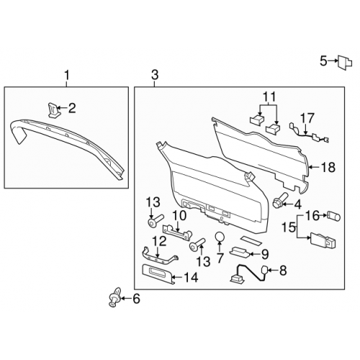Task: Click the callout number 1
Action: coord(67,76)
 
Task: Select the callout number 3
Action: coord(155,75)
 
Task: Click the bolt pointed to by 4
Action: coord(279,200)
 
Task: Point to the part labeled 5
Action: coord(345,63)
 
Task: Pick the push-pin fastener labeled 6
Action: coord(114,297)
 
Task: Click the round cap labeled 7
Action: coord(220,238)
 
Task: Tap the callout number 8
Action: coord(283,271)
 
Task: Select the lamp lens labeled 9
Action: coord(239,252)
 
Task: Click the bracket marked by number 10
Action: coord(177,232)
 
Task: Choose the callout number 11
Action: coord(269,96)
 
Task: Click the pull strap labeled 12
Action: coord(160,257)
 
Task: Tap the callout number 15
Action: coord(289,227)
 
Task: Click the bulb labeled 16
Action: coord(334,216)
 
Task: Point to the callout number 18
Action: coord(328,167)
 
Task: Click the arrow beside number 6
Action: coord(126,299)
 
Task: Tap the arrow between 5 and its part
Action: coord(333,61)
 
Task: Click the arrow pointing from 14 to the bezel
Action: coord(178,277)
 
